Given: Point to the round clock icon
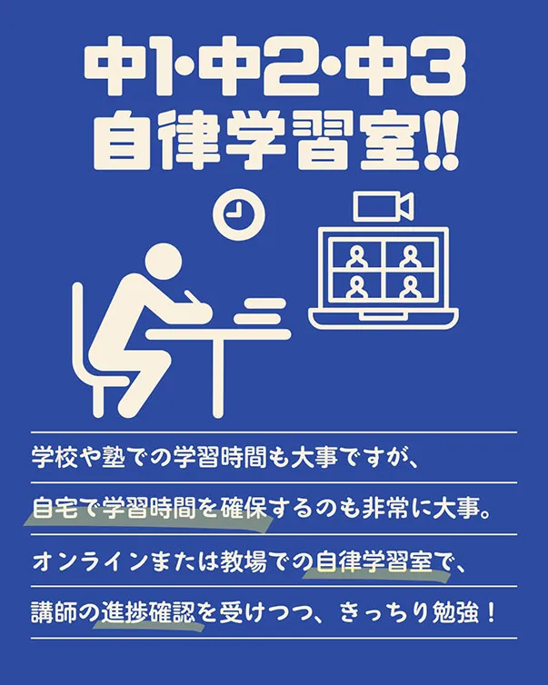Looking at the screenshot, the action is pyautogui.click(x=239, y=214).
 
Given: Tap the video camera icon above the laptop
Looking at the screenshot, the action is pyautogui.click(x=384, y=206).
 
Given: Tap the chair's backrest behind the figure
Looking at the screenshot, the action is pyautogui.click(x=78, y=328).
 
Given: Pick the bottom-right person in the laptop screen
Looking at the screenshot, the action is pyautogui.click(x=410, y=286).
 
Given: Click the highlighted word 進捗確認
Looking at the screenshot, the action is pyautogui.click(x=148, y=612).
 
